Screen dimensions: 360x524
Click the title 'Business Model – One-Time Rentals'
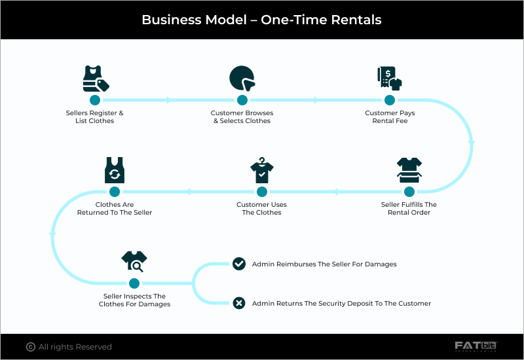[x=261, y=20]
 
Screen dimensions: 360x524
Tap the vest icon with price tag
[x=95, y=79]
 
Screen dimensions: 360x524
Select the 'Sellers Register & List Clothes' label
[x=94, y=117]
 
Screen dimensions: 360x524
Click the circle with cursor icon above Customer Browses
[x=242, y=79]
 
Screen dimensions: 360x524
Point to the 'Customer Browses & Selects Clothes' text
[x=242, y=117]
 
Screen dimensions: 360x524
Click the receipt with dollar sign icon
[x=389, y=79]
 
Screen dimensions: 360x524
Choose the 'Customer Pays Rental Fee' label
[x=390, y=117]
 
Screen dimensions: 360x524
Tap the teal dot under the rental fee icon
[x=390, y=100]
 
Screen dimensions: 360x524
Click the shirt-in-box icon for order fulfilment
[x=409, y=171]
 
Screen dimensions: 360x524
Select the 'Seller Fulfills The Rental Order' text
[x=409, y=209]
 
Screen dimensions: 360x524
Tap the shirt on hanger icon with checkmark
[x=261, y=171]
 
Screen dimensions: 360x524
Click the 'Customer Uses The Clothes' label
[x=261, y=209]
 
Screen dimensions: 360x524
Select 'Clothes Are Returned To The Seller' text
[x=115, y=209]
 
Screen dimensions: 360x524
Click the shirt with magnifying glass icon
[x=134, y=262]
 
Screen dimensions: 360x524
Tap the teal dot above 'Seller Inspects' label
[x=134, y=283]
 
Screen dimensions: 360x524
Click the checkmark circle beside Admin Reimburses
[x=239, y=264]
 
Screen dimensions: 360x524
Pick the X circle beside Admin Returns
[x=239, y=303]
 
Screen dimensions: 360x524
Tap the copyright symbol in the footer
[x=30, y=347]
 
